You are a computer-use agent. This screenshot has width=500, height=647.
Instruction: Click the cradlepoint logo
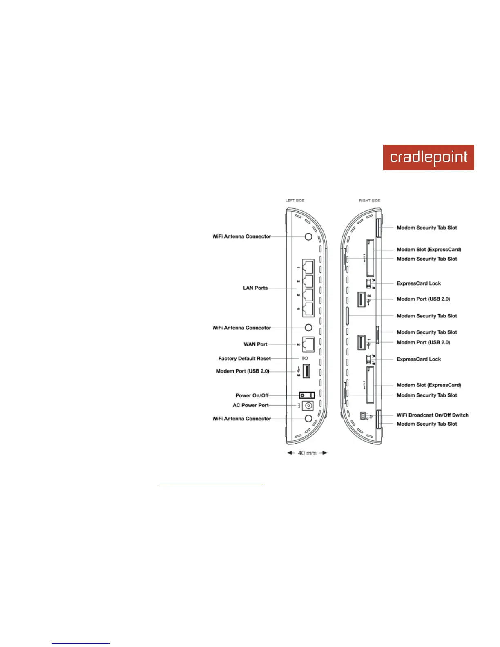tap(428, 157)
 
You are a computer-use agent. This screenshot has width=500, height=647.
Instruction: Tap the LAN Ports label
tap(255, 288)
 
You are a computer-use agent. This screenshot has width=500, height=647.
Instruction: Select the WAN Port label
tap(255, 344)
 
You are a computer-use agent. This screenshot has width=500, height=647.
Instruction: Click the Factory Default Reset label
tap(244, 359)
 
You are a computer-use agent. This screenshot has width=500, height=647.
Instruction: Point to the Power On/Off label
tap(252, 395)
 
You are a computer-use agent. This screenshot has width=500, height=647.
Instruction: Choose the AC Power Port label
tap(250, 405)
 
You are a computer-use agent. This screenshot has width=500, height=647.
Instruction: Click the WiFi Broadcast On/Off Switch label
tap(432, 415)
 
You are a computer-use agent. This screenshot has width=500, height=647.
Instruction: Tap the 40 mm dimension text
tap(307, 453)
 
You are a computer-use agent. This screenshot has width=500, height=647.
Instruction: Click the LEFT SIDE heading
tap(295, 201)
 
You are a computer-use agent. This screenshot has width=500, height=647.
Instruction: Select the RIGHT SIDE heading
tap(369, 201)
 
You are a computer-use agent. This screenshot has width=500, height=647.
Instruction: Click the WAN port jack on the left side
tap(308, 344)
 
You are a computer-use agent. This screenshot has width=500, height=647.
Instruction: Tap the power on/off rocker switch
tap(307, 395)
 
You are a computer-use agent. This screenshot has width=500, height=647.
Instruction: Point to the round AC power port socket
tap(308, 406)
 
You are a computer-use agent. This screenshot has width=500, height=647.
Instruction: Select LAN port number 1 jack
tap(308, 267)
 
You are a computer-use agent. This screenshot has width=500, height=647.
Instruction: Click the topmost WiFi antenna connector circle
tap(308, 236)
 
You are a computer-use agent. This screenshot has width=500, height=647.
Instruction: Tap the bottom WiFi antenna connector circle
tap(308, 419)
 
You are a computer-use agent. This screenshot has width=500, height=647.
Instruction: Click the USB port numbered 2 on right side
tap(362, 299)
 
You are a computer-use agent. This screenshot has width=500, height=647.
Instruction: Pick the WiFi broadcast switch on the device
tap(363, 415)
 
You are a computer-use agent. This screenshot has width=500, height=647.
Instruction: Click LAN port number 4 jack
tap(308, 309)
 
